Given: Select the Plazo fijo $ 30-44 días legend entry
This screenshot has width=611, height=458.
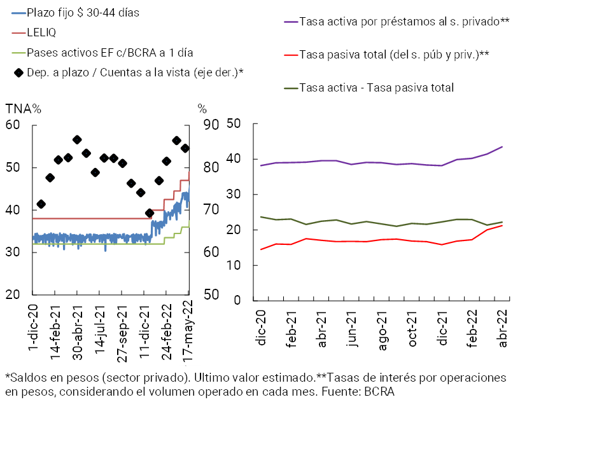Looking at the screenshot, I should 83,12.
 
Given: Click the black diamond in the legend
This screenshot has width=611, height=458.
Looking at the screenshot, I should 19,73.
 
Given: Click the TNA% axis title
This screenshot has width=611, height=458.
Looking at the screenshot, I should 24,109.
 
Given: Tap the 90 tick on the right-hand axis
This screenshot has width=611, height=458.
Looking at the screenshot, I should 211,125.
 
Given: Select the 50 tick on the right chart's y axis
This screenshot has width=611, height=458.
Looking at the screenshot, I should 233,123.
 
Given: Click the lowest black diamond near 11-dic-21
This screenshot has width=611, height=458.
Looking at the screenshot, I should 150,214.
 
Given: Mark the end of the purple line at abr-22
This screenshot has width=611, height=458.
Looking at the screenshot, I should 502,147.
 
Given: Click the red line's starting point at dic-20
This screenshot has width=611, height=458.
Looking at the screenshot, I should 261,249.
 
